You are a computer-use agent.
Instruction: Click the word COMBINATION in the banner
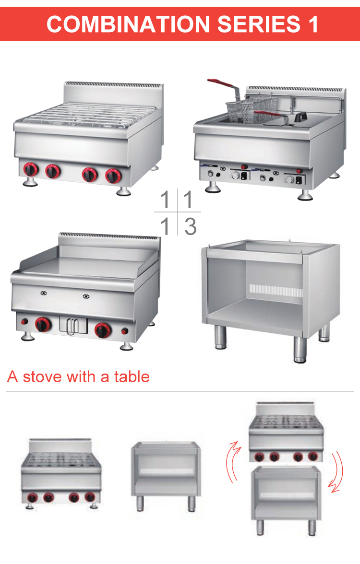[x=126, y=24]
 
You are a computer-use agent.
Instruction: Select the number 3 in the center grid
[x=190, y=226]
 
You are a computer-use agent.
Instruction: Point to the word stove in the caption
[x=43, y=376]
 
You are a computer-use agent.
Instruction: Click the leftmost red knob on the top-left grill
[x=30, y=170]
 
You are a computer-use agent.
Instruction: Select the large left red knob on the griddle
[x=42, y=325]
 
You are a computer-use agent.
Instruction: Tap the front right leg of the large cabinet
[x=300, y=349]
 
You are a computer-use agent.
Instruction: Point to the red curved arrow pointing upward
[x=233, y=462]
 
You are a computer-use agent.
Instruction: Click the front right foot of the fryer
[x=304, y=195]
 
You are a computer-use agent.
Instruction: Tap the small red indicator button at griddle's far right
[x=126, y=331]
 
